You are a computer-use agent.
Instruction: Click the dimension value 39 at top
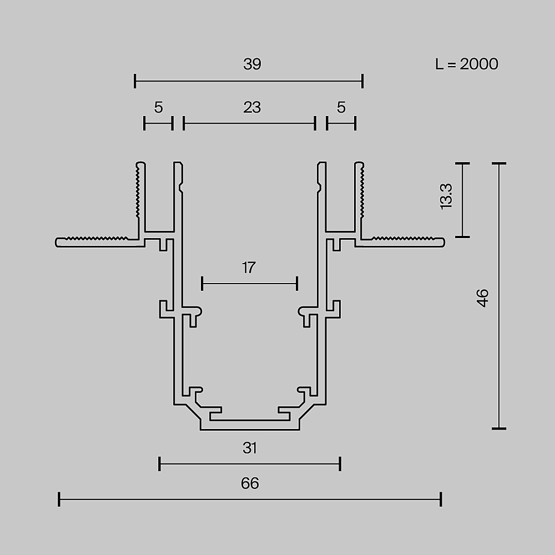tap(251, 64)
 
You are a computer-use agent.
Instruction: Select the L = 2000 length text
tap(466, 64)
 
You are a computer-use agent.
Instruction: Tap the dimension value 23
tap(251, 107)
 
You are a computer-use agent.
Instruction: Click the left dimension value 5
tap(158, 107)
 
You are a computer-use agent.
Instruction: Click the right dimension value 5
tap(341, 107)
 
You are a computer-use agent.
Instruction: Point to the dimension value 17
tap(249, 268)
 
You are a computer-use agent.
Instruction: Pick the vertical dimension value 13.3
tap(447, 196)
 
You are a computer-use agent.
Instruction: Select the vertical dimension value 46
tap(483, 298)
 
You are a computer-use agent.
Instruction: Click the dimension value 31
tap(250, 448)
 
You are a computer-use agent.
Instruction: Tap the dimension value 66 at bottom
tap(250, 483)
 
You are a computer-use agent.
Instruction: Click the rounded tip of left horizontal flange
tap(58, 241)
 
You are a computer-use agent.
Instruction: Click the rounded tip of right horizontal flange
tap(442, 241)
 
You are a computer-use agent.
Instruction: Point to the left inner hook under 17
tap(196, 314)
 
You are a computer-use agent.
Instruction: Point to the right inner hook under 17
tap(304, 314)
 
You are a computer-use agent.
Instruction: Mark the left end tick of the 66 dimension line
tap(59, 500)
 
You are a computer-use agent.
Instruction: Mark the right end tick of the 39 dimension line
tap(362, 81)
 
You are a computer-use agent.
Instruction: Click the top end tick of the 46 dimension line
tap(499, 164)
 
